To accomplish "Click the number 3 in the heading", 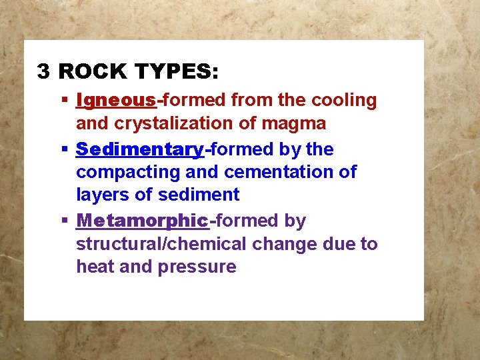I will click(x=43, y=71).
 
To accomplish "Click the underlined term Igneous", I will click(x=116, y=101).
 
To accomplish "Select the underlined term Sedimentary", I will click(x=139, y=149).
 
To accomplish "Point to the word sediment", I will click(x=199, y=195).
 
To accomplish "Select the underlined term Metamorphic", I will click(x=143, y=221).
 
